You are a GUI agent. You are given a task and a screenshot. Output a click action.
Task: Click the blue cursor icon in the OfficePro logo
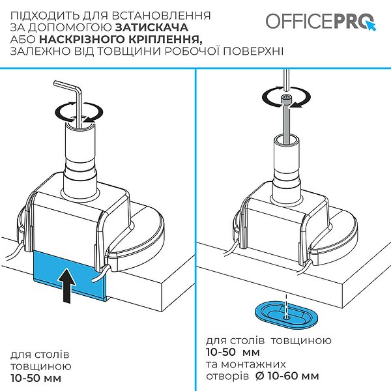(x=372, y=27)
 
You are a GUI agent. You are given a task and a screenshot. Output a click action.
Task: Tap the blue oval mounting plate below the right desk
(x=287, y=313)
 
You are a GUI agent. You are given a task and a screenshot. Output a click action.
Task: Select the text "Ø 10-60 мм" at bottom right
(x=287, y=376)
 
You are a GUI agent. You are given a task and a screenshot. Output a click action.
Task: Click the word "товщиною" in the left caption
(x=37, y=366)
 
